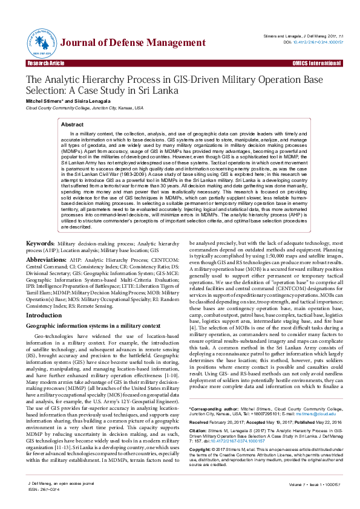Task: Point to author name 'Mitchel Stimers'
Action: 45,101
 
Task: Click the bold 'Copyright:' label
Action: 201,450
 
